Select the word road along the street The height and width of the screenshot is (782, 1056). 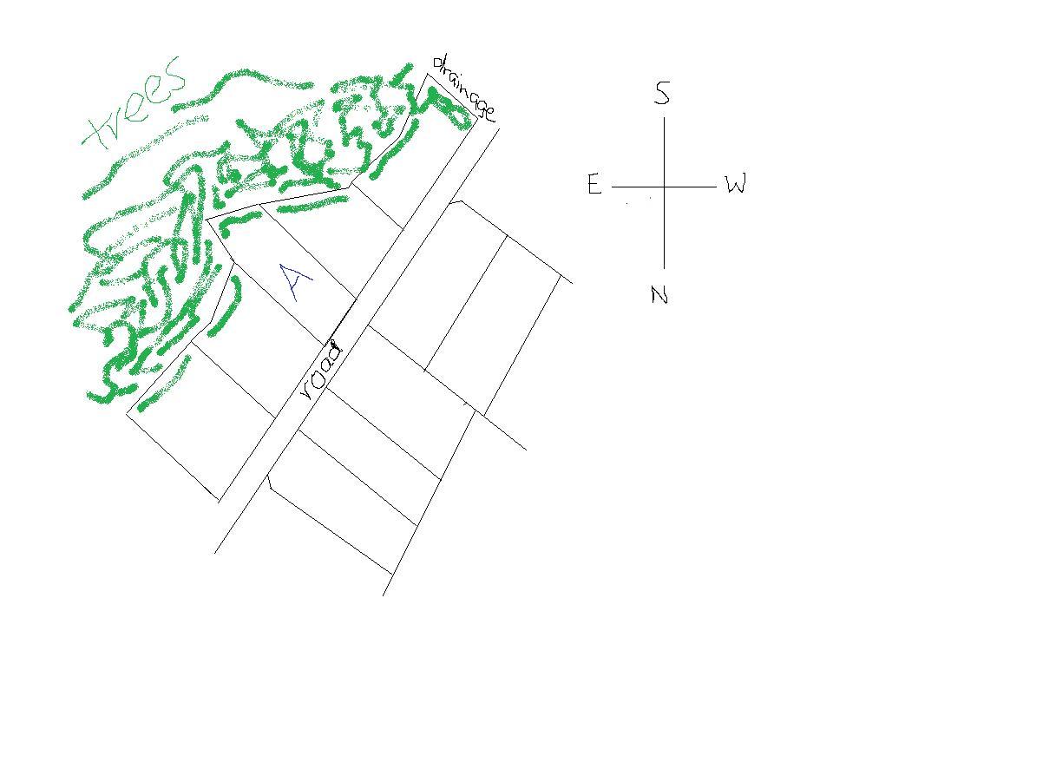(x=321, y=370)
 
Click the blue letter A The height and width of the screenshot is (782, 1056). (x=294, y=281)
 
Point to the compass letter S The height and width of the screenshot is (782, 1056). (x=662, y=93)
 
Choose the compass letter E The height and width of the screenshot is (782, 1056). (x=594, y=184)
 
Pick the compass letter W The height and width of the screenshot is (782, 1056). (x=735, y=183)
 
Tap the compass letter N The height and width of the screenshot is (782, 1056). (x=659, y=294)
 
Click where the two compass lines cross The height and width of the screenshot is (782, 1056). (x=664, y=187)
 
